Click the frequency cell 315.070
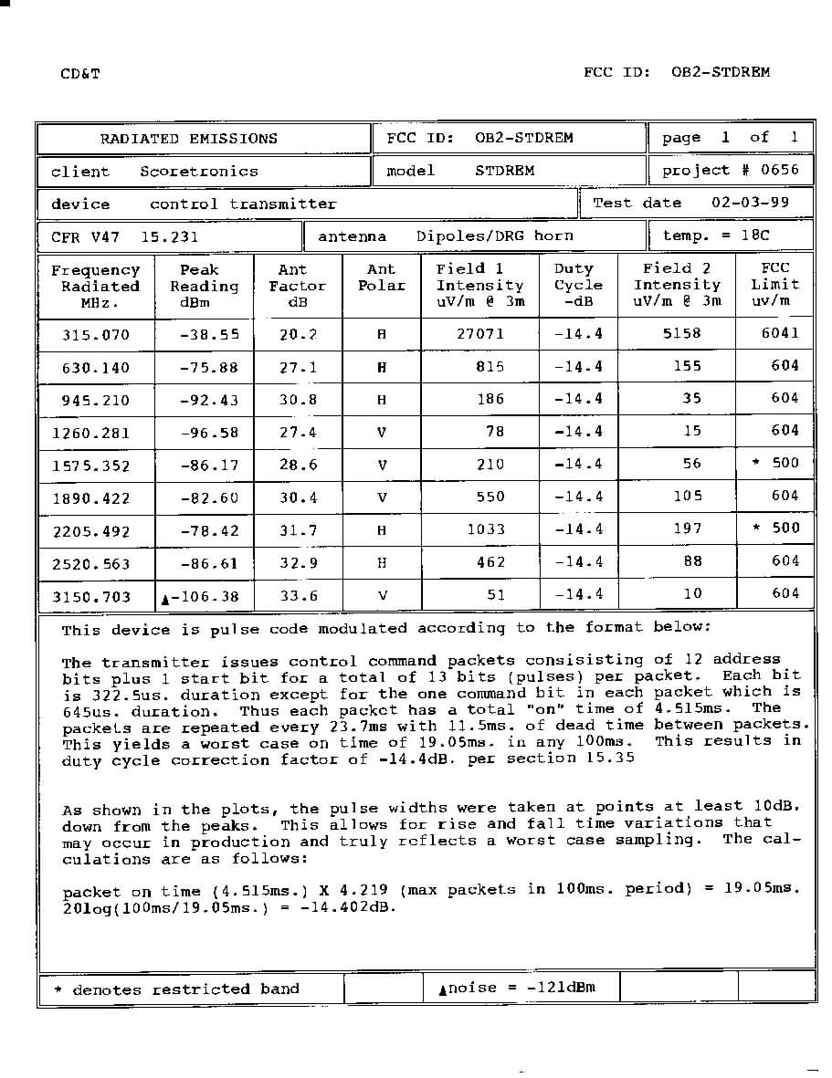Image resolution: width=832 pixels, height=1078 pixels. pos(96,335)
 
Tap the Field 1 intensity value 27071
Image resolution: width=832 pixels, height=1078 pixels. pos(480,334)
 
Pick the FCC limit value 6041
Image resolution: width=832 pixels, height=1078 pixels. pos(780,333)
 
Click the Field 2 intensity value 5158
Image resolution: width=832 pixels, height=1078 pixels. pos(682,334)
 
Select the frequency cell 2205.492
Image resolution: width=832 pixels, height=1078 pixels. pos(91,531)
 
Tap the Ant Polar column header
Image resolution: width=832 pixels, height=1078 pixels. pos(381,277)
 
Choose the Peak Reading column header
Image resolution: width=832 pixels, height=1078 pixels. pos(204,286)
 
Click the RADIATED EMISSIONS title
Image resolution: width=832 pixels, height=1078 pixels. pos(188,139)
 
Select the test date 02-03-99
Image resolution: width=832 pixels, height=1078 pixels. pos(750,203)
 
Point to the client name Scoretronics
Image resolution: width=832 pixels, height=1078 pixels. pos(199,172)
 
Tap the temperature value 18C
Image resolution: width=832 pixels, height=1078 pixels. pos(755,235)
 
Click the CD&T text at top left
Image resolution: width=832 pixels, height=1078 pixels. pos(80,73)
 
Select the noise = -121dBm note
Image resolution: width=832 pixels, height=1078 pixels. pos(517,988)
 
